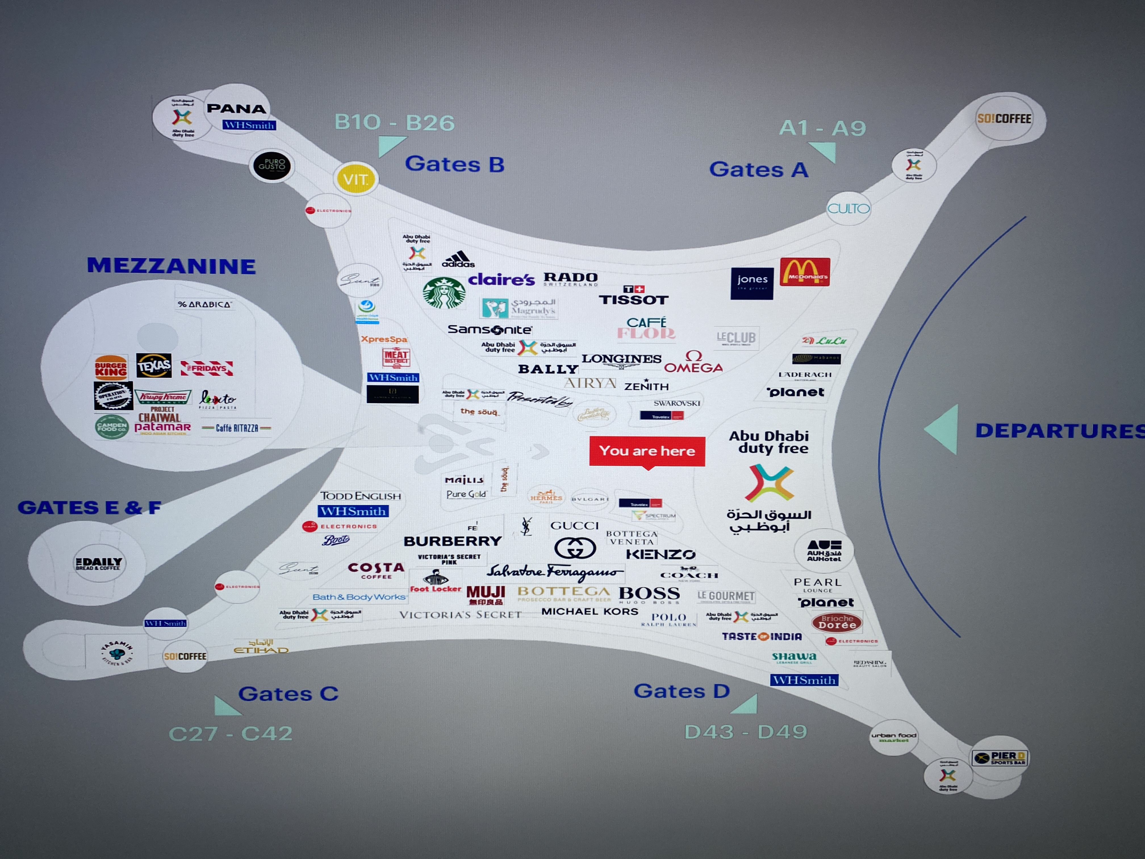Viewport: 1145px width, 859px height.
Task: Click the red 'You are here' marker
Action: (x=647, y=451)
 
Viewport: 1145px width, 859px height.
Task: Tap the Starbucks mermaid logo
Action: (x=444, y=293)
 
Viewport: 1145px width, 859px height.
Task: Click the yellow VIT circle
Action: (x=356, y=179)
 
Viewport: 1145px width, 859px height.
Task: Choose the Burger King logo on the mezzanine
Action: (x=111, y=367)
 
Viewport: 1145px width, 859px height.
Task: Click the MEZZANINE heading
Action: (x=171, y=266)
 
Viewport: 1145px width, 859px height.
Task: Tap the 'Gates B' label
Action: (x=454, y=164)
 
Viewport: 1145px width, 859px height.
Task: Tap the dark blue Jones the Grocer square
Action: (x=752, y=283)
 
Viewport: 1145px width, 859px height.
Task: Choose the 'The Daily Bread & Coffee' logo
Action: (x=99, y=563)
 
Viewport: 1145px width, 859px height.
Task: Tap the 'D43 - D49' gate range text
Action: (x=745, y=732)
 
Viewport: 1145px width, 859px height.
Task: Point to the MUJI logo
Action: (x=486, y=595)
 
